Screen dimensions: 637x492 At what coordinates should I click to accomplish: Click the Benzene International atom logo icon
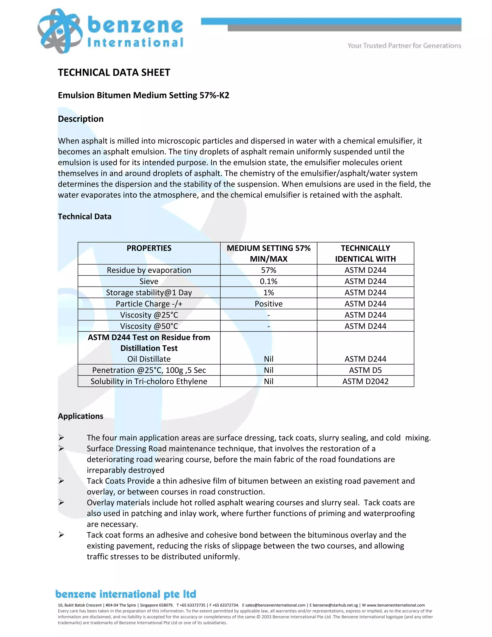click(60, 31)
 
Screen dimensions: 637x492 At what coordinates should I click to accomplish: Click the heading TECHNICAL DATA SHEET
click(114, 72)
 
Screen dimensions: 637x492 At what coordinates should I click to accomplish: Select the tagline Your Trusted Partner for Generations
click(404, 45)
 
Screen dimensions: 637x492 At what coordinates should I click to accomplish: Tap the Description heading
click(81, 119)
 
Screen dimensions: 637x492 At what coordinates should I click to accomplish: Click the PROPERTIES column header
click(149, 248)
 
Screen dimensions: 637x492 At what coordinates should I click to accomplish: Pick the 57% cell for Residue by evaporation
click(268, 270)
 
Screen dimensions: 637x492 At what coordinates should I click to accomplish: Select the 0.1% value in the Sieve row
click(268, 281)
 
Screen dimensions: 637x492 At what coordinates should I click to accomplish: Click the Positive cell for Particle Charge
click(268, 304)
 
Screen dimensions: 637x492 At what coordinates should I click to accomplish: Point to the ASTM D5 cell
click(365, 370)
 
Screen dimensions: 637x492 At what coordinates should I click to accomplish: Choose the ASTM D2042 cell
click(365, 381)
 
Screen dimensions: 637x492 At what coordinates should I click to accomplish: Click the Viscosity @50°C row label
click(149, 326)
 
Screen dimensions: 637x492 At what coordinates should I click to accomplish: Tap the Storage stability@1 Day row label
click(149, 293)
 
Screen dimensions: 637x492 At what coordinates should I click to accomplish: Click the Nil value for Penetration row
click(268, 370)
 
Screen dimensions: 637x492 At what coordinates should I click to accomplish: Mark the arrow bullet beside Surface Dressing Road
click(61, 448)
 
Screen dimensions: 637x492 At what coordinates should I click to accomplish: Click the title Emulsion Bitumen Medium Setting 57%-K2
click(143, 95)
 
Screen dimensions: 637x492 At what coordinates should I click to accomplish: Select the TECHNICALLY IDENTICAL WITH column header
click(365, 253)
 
